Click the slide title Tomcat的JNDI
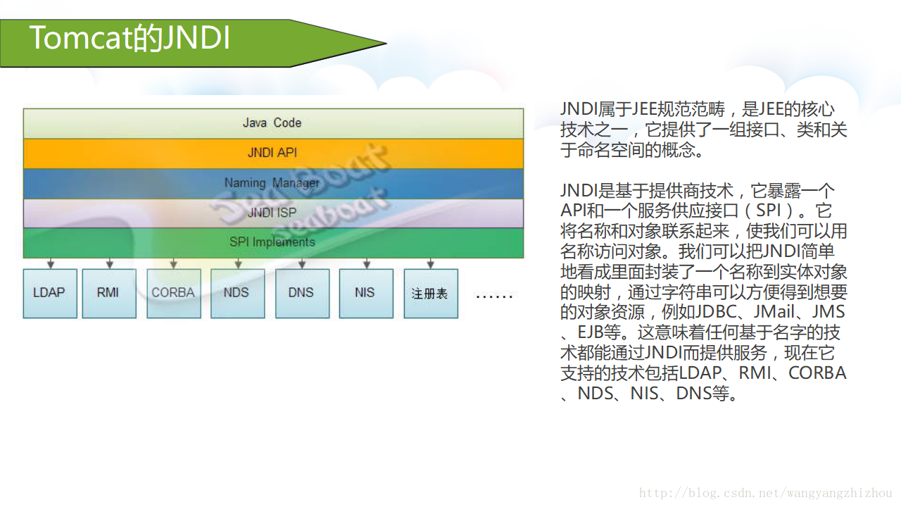pos(130,39)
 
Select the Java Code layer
pos(272,123)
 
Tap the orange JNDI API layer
pos(272,153)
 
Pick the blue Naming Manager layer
pos(272,183)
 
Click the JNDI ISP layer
pos(272,213)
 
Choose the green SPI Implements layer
pos(272,242)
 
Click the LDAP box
pos(49,293)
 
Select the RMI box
pos(108,293)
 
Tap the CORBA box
pos(173,293)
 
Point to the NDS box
pos(237,293)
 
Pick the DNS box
pos(301,293)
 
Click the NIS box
pos(365,293)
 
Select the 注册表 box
pos(430,294)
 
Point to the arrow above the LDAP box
pos(50,263)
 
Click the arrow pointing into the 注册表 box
pos(431,263)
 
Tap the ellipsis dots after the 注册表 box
pos(494,296)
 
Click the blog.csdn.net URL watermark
pos(765,494)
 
